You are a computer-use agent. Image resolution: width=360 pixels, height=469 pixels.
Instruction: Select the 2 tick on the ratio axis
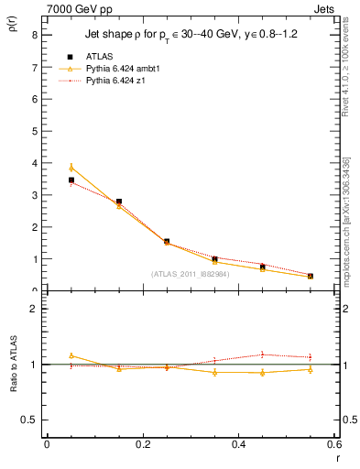tap(34, 309)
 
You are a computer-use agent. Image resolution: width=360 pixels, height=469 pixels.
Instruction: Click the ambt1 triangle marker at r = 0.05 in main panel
tap(71, 168)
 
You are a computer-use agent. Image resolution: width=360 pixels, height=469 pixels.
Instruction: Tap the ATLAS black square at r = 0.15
tap(119, 202)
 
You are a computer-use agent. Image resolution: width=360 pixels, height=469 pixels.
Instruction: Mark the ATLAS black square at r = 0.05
tap(71, 180)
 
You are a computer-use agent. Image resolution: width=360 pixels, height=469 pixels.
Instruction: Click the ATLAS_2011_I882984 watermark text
tap(190, 273)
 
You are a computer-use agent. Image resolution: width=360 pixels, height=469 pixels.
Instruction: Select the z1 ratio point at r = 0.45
tap(263, 354)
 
